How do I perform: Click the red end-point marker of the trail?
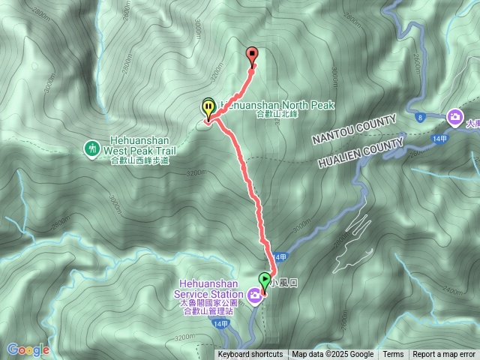pyautogui.click(x=252, y=53)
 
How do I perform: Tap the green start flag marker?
pyautogui.click(x=264, y=280)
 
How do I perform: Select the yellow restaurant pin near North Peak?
pyautogui.click(x=207, y=107)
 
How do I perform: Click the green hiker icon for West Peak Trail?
pyautogui.click(x=92, y=148)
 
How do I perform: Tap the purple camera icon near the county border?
pyautogui.click(x=454, y=117)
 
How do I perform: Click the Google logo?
pyautogui.click(x=28, y=349)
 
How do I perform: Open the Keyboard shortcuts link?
pyautogui.click(x=250, y=355)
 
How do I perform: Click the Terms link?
pyautogui.click(x=393, y=355)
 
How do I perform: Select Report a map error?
pyautogui.click(x=444, y=355)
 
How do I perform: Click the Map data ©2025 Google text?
pyautogui.click(x=332, y=355)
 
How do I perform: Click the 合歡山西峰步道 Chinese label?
pyautogui.click(x=139, y=160)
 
